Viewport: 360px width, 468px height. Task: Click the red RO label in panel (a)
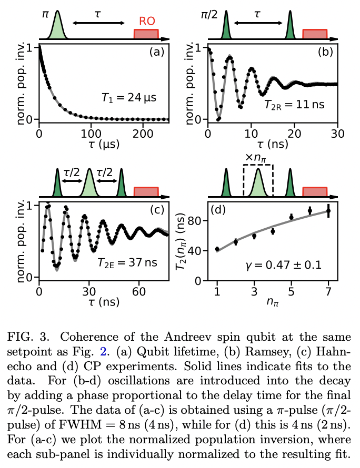(x=146, y=22)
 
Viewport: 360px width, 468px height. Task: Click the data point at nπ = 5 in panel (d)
(x=292, y=217)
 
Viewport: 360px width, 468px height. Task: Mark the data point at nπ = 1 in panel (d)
(x=217, y=249)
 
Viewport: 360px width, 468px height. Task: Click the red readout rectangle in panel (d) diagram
(x=315, y=192)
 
